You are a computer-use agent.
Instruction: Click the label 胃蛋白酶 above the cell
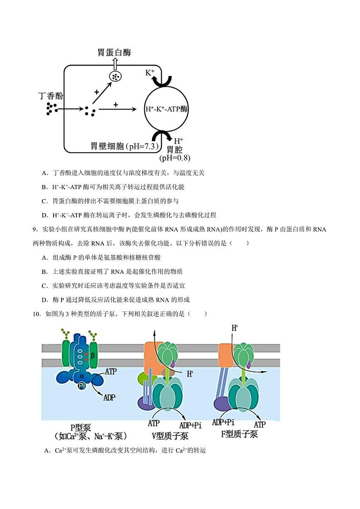click(x=114, y=53)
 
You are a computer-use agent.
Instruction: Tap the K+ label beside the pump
click(x=150, y=73)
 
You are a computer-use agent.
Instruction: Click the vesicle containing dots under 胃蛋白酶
click(x=115, y=77)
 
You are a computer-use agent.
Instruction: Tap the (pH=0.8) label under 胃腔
click(x=174, y=158)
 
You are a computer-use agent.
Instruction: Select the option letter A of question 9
click(x=44, y=258)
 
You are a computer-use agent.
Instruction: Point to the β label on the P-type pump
click(x=93, y=355)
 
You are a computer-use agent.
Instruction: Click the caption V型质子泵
click(x=169, y=436)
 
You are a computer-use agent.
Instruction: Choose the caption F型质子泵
click(x=239, y=434)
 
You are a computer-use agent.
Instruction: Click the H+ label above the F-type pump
click(x=235, y=328)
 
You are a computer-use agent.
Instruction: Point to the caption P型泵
click(x=81, y=427)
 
